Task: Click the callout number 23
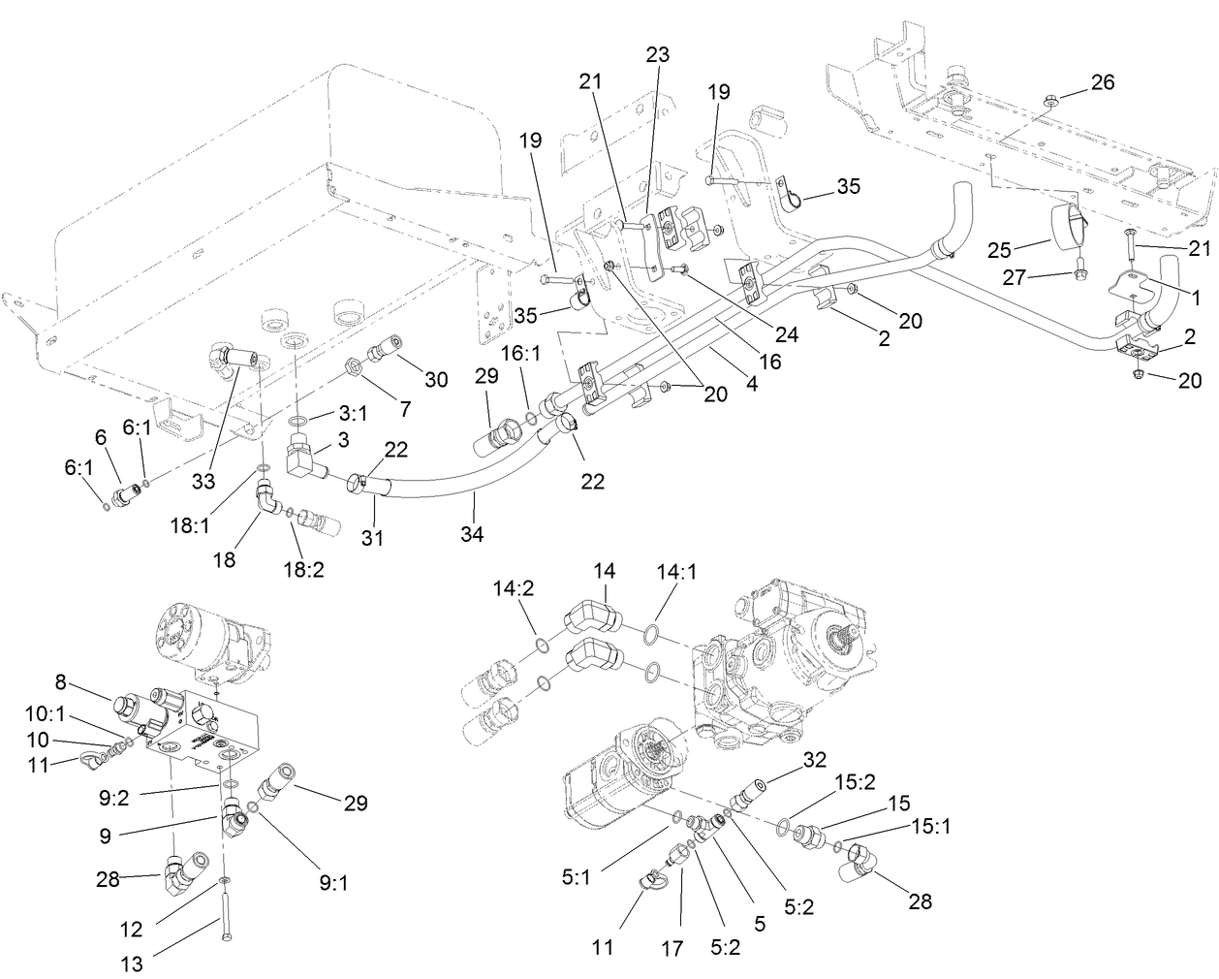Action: pyautogui.click(x=657, y=55)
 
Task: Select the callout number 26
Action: pyautogui.click(x=1103, y=82)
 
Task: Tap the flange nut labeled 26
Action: pyautogui.click(x=1050, y=99)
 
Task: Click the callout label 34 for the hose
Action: pyautogui.click(x=475, y=533)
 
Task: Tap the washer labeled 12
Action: pyautogui.click(x=224, y=879)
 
